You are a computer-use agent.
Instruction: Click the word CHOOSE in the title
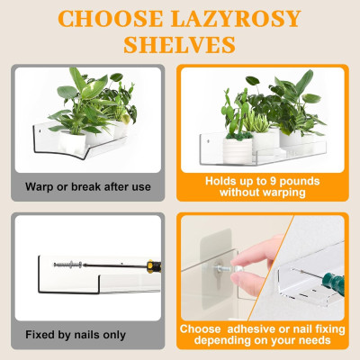(x=111, y=19)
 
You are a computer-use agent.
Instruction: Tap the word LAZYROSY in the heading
(x=236, y=19)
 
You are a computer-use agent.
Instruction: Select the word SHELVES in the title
(x=179, y=45)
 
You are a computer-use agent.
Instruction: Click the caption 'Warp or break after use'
(x=88, y=187)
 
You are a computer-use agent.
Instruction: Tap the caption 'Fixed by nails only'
(x=76, y=335)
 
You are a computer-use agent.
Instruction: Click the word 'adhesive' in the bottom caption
(x=251, y=329)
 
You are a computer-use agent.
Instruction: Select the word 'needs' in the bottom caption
(x=315, y=340)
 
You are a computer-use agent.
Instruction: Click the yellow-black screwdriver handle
(x=154, y=266)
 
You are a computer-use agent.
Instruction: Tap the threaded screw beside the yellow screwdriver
(x=68, y=265)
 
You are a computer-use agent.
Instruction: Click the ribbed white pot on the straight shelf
(x=238, y=151)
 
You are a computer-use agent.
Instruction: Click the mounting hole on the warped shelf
(x=40, y=131)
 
